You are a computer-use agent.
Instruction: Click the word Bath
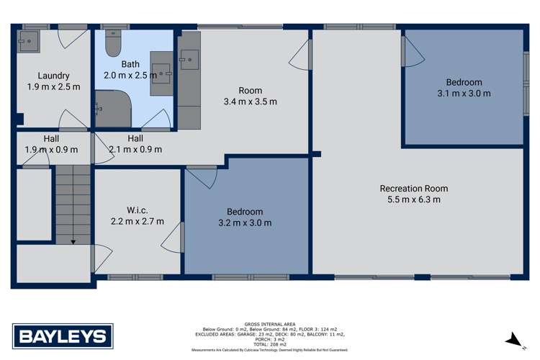[130, 64]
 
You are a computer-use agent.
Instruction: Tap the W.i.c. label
[136, 210]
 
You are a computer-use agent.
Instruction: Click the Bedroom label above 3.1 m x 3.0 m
[464, 82]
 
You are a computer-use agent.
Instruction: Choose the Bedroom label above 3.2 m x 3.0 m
[245, 212]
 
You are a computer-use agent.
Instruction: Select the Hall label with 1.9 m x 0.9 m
[31, 138]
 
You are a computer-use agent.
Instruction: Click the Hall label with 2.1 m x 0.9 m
[135, 138]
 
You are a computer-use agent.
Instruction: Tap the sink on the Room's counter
[189, 58]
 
